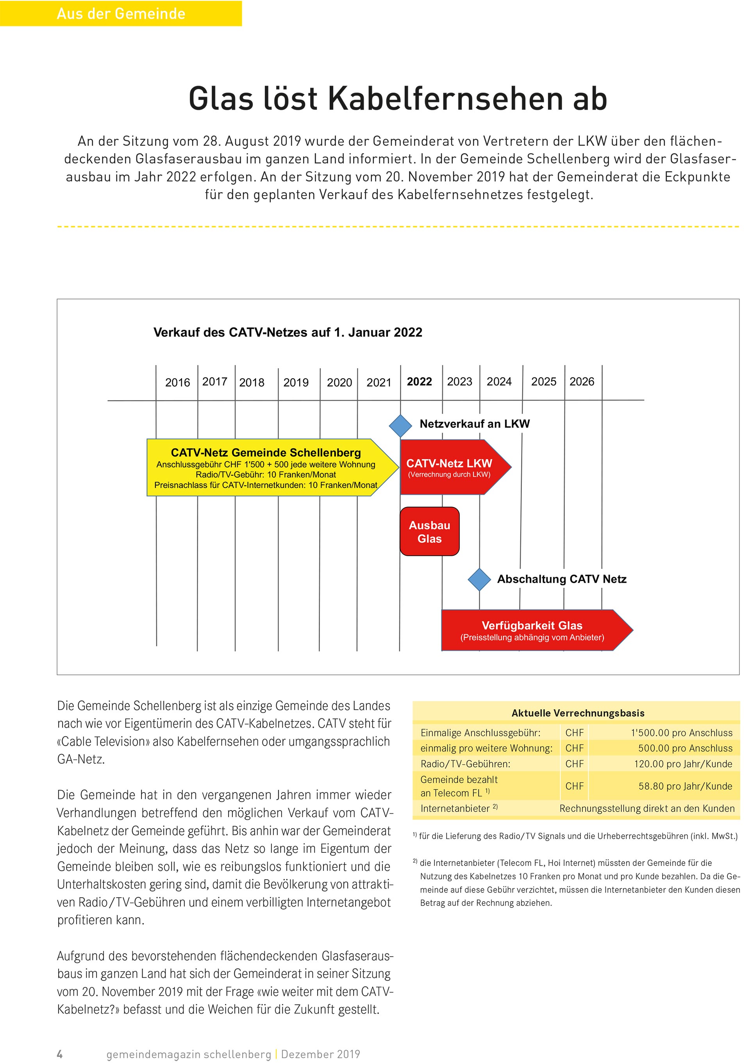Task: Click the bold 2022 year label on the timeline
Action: pos(419,381)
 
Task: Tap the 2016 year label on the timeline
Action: pos(177,383)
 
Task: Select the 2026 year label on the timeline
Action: pos(581,381)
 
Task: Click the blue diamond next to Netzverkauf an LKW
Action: pos(400,426)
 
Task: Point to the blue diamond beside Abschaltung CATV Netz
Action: pos(479,579)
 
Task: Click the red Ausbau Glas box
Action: pos(429,531)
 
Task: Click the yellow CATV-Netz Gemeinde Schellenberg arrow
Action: pos(266,468)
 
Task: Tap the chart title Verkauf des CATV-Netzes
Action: pos(287,333)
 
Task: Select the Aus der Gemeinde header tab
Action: pos(121,13)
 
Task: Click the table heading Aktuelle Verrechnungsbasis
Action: pos(577,713)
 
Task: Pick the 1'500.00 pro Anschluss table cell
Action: pos(681,733)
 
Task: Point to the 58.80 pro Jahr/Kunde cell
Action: pos(685,786)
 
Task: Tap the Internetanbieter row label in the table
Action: pos(455,808)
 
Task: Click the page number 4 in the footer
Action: pos(60,1054)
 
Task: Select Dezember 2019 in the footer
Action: pos(320,1054)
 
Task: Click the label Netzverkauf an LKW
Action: pos(474,424)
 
